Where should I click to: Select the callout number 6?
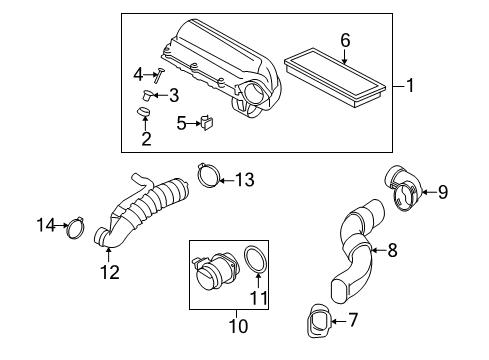345,40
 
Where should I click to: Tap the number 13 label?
244,179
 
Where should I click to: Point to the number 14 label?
45,226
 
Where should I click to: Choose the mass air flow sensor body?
212,276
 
